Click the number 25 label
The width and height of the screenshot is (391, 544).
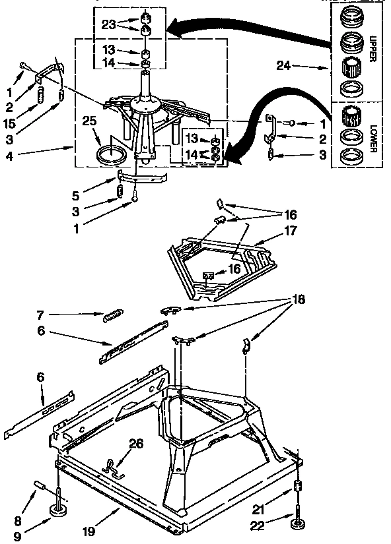90,121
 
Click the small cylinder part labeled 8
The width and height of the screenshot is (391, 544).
39,487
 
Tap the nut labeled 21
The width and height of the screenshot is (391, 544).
297,489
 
